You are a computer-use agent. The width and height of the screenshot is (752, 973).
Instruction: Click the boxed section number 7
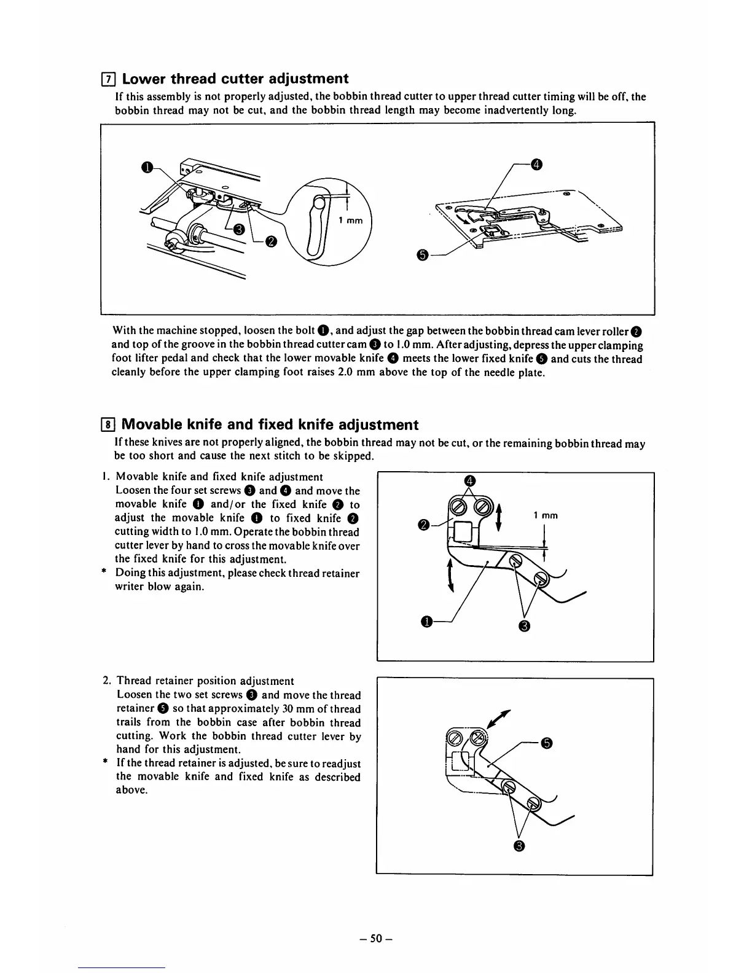[108, 79]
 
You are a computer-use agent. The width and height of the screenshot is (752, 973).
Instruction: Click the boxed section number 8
[108, 425]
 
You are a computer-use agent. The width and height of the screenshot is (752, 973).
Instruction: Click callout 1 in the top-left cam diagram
[146, 166]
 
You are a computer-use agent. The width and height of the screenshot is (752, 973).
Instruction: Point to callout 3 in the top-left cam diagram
[240, 230]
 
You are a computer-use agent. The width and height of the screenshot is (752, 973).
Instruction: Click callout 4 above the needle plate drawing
[536, 164]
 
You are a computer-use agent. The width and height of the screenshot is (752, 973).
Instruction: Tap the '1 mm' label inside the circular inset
[351, 221]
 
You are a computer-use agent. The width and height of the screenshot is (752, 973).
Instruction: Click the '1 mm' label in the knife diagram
[546, 515]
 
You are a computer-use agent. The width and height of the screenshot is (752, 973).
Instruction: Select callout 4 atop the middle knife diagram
[469, 480]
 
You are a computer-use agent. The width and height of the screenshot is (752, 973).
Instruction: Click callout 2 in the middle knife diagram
[423, 524]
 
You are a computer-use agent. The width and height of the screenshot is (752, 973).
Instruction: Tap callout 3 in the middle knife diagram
[523, 626]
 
